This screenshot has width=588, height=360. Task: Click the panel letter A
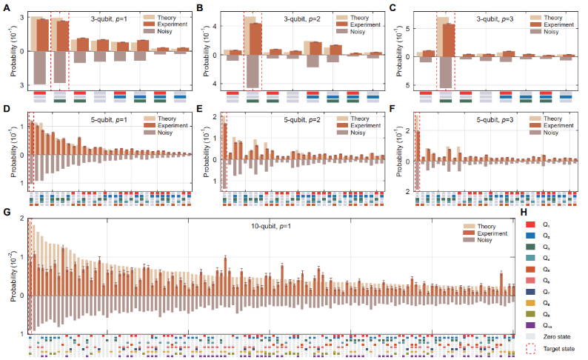7,8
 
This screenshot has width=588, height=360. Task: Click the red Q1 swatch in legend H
527,224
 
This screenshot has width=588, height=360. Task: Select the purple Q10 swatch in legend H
527,325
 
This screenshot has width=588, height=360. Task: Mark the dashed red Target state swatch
527,349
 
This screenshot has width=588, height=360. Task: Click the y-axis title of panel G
12,277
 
